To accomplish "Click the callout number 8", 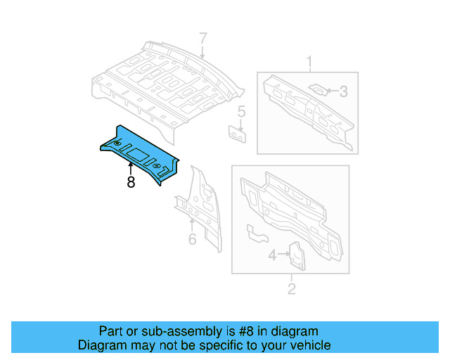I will pos(131,182).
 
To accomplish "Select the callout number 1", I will pos(308,65).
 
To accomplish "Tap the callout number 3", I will pos(343,91).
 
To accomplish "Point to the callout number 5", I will pos(240,111).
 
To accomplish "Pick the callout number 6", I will pos(191,240).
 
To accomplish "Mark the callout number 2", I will pos(291,288).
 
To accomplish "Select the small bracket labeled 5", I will pos(238,133).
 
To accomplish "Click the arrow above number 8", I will pos(131,167).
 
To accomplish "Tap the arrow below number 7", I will pos(202,51).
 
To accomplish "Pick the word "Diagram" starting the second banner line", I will pos(102,345).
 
